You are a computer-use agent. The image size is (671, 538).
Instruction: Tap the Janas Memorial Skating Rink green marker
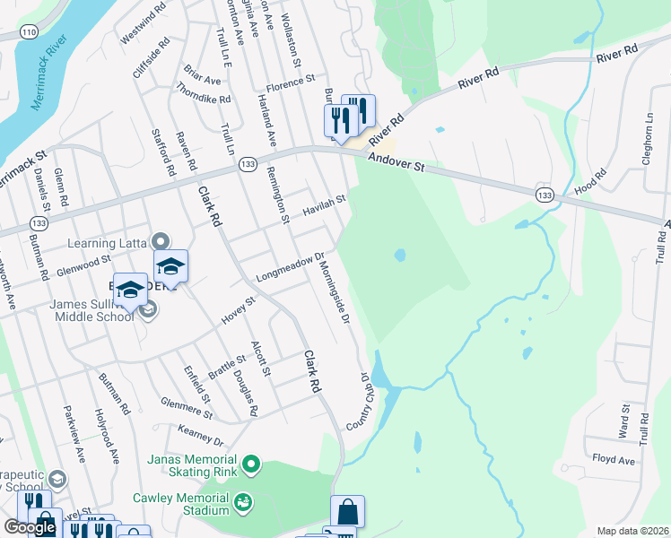coord(252,464)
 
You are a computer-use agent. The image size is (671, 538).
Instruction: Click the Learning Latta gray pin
coord(161,240)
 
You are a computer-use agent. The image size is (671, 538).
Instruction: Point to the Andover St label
coord(396,163)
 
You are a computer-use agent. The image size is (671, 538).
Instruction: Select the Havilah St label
coord(324,205)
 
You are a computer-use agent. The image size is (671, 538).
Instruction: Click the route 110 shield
coord(31,31)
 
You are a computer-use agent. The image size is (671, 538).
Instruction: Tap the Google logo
coord(30,527)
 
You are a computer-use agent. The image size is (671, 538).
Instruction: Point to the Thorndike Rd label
coord(205,91)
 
